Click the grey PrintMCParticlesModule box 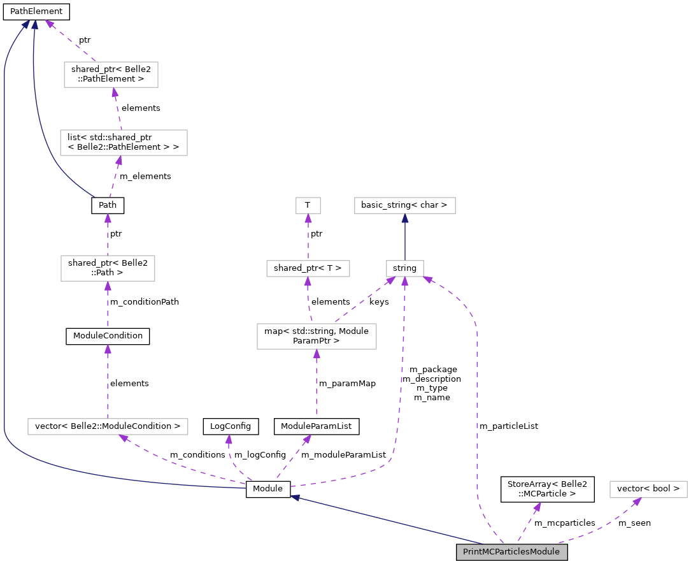point(511,552)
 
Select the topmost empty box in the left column point(111,75)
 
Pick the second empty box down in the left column point(124,143)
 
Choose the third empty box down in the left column point(108,268)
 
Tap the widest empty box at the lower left point(108,426)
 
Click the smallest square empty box point(308,205)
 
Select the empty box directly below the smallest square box point(308,268)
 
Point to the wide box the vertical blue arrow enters point(405,205)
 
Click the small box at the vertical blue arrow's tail point(405,268)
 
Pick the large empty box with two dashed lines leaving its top point(317,336)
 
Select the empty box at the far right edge point(648,489)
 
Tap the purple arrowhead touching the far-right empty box point(636,502)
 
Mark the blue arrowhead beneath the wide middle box point(405,218)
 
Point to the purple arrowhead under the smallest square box point(308,218)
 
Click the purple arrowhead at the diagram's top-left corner point(49,24)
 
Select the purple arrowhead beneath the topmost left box point(115,92)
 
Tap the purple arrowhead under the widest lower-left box point(124,438)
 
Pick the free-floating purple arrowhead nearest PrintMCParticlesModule point(537,507)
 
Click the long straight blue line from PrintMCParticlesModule point(388,521)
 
